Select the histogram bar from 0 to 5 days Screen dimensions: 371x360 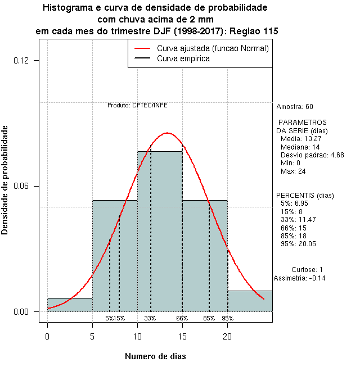(x=70, y=305)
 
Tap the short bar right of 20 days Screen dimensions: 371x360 (x=250, y=301)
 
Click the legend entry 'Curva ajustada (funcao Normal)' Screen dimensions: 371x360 (x=213, y=49)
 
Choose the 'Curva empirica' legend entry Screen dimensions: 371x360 (x=183, y=58)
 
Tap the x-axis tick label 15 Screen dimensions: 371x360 (x=182, y=336)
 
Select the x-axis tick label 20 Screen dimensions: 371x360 (x=227, y=336)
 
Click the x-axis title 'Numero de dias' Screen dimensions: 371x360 (x=155, y=356)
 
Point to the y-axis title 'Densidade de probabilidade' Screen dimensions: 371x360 (x=5, y=180)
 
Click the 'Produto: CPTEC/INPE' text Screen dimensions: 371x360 (x=137, y=105)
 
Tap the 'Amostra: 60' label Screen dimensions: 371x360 (x=295, y=107)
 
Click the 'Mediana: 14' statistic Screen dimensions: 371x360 (x=300, y=147)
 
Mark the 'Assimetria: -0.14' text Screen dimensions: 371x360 (x=300, y=278)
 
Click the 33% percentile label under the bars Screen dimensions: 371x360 (x=150, y=318)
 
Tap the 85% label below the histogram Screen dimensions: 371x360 (x=209, y=318)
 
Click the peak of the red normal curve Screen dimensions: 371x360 (x=167, y=133)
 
